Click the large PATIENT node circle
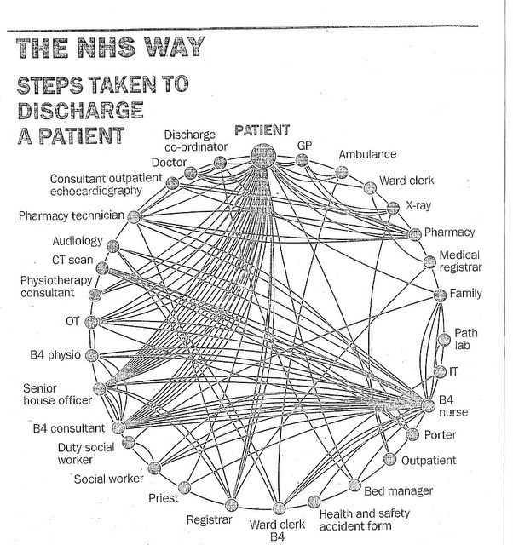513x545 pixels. (263, 156)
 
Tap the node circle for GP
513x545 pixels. (302, 160)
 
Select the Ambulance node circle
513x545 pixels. (342, 172)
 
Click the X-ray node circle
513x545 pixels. (393, 208)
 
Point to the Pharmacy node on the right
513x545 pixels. (414, 235)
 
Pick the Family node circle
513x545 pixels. (440, 295)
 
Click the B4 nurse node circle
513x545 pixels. (428, 405)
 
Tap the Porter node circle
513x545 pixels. (412, 434)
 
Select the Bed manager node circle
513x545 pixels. (354, 485)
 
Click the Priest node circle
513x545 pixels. (184, 488)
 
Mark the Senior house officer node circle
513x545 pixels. (99, 388)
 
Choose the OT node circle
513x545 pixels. (92, 322)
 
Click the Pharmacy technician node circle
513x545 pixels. (134, 217)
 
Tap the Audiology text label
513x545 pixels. (78, 241)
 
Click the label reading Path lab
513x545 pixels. (465, 339)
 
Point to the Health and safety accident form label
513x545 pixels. (364, 519)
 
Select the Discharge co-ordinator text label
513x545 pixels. (196, 141)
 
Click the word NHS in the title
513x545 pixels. (107, 48)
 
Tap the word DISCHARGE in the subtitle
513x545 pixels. (80, 111)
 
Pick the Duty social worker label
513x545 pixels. (86, 453)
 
